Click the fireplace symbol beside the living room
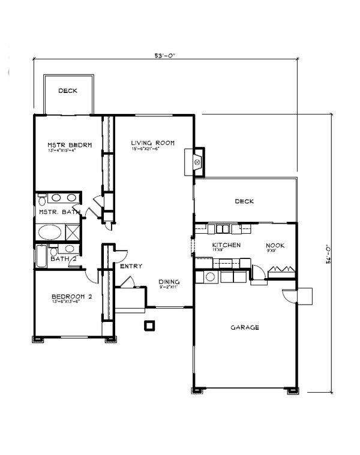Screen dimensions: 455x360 click(x=196, y=161)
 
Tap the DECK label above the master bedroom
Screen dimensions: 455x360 click(x=69, y=91)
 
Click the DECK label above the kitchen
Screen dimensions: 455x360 click(x=245, y=201)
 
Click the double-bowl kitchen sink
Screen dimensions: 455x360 click(x=223, y=228)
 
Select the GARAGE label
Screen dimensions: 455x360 click(x=245, y=327)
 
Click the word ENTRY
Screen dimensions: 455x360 click(x=131, y=266)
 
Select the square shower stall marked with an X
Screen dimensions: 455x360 click(x=73, y=231)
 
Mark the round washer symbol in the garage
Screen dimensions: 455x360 click(x=209, y=276)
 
